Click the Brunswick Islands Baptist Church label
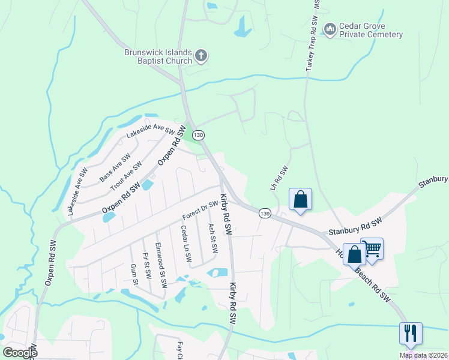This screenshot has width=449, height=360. point(158,56)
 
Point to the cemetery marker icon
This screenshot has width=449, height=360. point(329,29)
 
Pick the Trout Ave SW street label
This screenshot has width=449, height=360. point(126,176)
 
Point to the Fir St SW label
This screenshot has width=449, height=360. point(146,265)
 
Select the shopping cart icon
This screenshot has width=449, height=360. point(372,247)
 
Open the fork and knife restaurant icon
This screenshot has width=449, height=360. point(411,333)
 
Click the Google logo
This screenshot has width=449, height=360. point(20,352)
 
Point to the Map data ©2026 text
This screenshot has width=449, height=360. point(423,355)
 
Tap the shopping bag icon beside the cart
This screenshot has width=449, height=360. point(355,254)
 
